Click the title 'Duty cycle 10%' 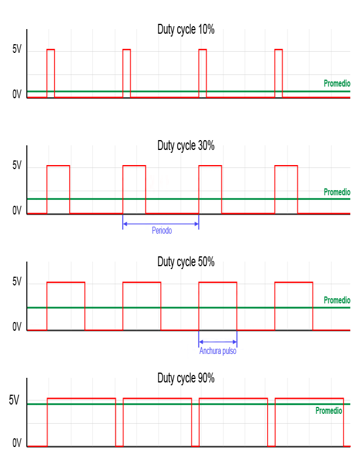click(x=186, y=30)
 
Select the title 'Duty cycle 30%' click(x=186, y=146)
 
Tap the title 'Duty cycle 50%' click(x=186, y=262)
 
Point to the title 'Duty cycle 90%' click(x=186, y=378)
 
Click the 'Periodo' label click(x=162, y=230)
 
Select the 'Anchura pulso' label click(x=218, y=351)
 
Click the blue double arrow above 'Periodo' click(x=161, y=223)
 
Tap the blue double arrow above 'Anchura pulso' click(x=218, y=341)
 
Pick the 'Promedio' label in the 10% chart click(x=337, y=84)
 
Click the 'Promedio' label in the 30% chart click(x=337, y=192)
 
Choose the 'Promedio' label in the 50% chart click(x=337, y=301)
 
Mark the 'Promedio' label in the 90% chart click(x=329, y=410)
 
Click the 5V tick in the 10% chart click(x=17, y=50)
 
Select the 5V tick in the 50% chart click(x=17, y=282)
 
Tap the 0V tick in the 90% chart click(x=17, y=444)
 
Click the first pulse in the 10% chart click(x=51, y=73)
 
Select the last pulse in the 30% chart click(x=286, y=189)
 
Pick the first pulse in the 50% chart click(x=66, y=306)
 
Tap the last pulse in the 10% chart click(x=279, y=73)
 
